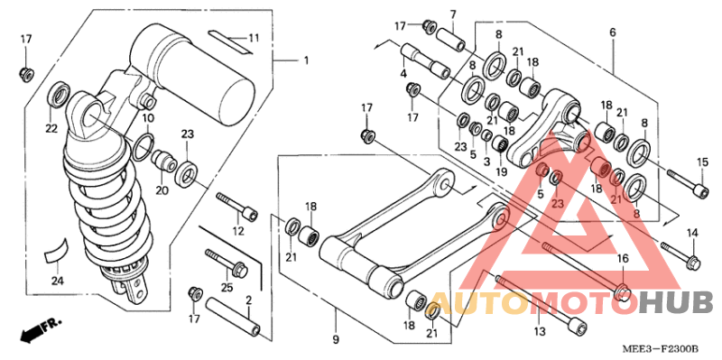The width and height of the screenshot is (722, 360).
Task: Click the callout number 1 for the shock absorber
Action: click(305, 61)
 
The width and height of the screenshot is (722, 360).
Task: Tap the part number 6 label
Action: click(612, 32)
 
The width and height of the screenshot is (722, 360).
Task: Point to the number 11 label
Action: click(254, 37)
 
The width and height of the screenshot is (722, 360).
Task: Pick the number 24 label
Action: click(57, 281)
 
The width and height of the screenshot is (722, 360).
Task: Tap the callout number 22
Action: click(51, 129)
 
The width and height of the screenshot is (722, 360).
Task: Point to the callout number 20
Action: click(162, 189)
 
